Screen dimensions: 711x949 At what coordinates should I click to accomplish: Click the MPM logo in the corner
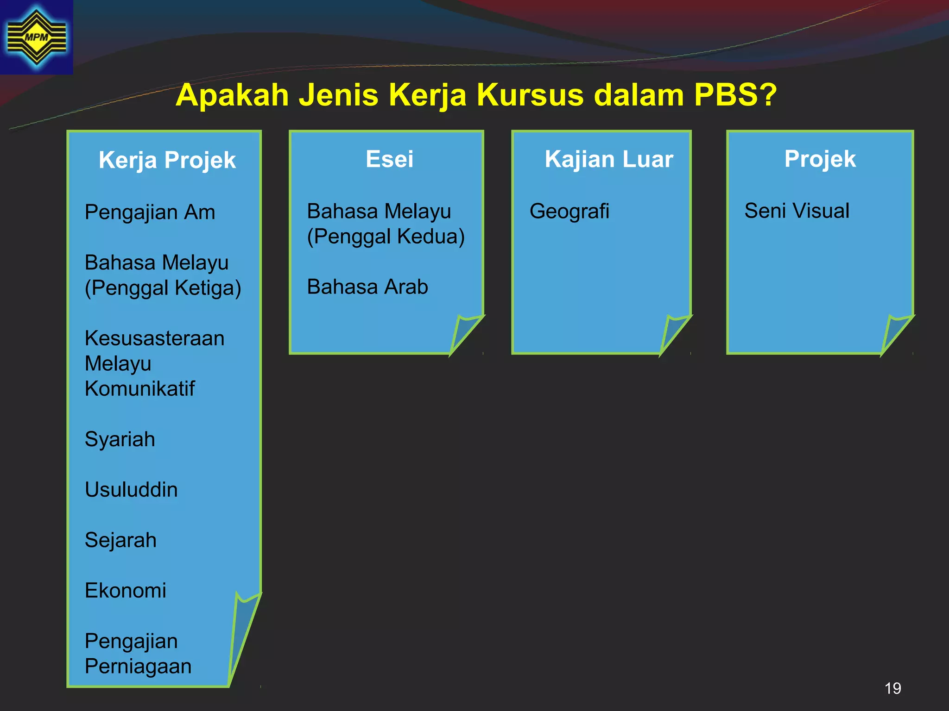pos(36,37)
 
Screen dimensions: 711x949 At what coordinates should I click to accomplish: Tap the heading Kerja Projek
pos(167,160)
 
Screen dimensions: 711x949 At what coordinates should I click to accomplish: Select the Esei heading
pos(389,159)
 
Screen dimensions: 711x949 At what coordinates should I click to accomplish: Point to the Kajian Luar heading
pos(608,159)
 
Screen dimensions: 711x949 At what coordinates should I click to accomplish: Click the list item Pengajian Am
pos(150,212)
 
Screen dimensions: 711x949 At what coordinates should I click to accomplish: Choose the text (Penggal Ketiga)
pos(163,288)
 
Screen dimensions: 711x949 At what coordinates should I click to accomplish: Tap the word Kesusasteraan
pos(154,338)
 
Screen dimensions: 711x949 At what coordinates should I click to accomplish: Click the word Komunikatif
pos(139,389)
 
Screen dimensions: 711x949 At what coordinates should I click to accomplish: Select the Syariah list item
pos(120,439)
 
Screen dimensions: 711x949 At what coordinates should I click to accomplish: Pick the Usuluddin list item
pos(131,490)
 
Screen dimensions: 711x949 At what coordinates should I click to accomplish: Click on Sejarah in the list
pos(120,540)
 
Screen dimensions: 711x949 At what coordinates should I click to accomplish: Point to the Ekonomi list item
pos(125,591)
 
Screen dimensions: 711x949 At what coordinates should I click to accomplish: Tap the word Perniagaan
pos(138,667)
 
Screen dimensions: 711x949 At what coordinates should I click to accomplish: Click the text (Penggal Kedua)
pos(386,237)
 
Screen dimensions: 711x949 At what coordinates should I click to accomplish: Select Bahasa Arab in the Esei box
pos(367,287)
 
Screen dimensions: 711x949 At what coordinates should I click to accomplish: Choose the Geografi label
pos(569,211)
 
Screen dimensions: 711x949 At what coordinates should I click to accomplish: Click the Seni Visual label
pos(797,211)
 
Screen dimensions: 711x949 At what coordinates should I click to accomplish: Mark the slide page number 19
pos(892,688)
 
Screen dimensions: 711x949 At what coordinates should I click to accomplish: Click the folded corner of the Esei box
pos(465,332)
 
